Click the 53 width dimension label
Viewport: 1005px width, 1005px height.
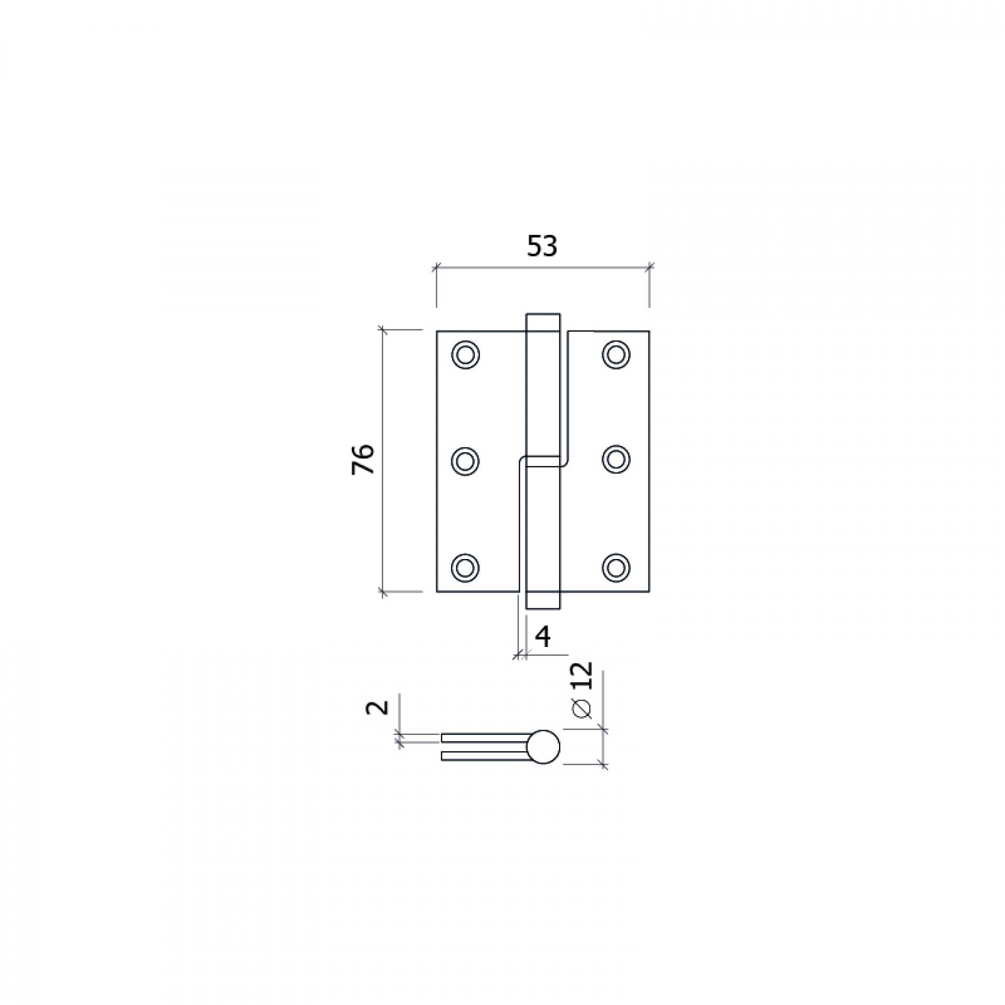tap(542, 246)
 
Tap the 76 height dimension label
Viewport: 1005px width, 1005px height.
tap(363, 459)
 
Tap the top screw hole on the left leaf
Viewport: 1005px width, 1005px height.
tap(465, 355)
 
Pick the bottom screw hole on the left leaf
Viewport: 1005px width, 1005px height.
tap(465, 567)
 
